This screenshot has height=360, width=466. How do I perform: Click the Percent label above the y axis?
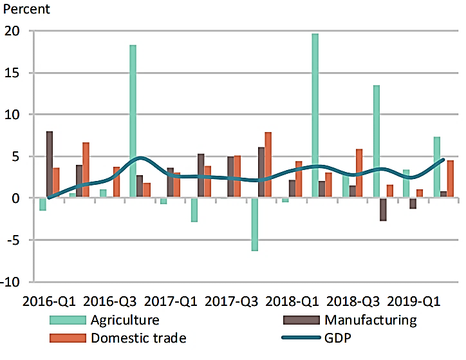[27, 10]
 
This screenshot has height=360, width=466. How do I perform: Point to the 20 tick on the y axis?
[14, 31]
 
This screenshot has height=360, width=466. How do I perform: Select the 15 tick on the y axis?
[14, 73]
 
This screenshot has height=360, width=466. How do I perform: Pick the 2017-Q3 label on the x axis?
[232, 301]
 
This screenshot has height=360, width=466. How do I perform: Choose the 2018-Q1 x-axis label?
[292, 301]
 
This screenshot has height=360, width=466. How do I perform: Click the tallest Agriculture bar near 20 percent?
[315, 116]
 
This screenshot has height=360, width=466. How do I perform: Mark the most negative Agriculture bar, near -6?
[255, 224]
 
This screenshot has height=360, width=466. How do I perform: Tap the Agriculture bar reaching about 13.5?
[376, 142]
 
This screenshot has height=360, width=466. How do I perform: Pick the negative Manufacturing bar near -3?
[383, 209]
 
